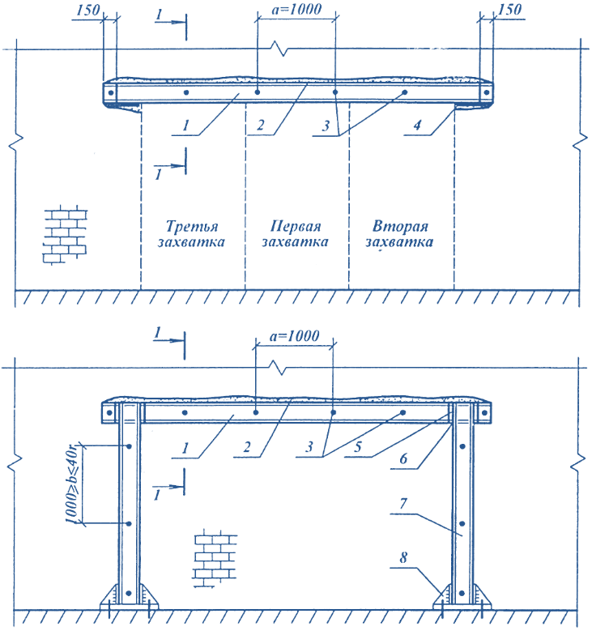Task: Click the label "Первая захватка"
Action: pos(295,233)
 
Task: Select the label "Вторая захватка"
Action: pos(399,233)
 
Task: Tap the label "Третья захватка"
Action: pos(191,233)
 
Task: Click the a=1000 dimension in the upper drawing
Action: pos(296,9)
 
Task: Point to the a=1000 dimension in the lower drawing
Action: pos(294,335)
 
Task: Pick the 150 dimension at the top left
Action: pos(87,10)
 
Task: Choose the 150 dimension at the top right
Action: pos(509,10)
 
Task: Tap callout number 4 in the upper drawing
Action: pos(417,125)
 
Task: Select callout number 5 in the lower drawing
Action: pos(358,447)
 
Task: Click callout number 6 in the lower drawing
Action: pos(403,458)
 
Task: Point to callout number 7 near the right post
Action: pos(403,504)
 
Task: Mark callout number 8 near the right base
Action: pos(403,557)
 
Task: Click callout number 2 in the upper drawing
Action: pos(261,125)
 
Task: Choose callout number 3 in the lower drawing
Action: pos(309,447)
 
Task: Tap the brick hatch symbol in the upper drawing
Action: pos(65,235)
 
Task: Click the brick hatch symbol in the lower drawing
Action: pos(215,558)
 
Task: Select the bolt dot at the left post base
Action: pos(129,593)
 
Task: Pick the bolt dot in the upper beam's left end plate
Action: pos(110,92)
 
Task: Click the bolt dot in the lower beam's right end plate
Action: pos(484,413)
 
